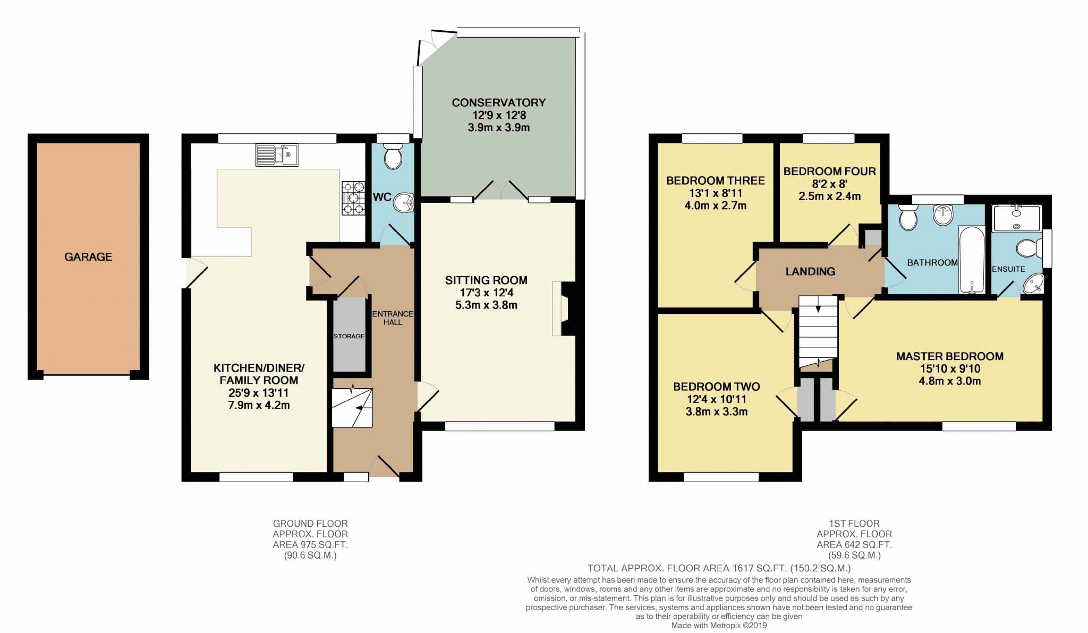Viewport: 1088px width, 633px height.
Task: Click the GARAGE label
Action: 88,257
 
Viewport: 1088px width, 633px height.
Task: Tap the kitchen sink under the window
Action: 277,155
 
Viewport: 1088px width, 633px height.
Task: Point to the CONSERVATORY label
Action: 498,102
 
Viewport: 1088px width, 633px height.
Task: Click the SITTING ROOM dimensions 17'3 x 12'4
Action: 486,293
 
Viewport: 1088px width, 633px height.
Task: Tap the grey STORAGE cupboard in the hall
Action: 349,336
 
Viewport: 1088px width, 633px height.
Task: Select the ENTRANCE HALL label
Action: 393,318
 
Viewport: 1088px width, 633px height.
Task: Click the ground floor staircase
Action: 352,407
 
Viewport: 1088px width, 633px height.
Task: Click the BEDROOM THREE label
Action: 715,181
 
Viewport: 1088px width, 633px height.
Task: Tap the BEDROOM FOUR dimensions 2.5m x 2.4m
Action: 829,196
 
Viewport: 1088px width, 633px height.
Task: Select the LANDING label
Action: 810,271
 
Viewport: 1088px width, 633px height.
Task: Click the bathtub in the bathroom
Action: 972,260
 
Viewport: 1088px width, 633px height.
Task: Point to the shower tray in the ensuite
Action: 1017,218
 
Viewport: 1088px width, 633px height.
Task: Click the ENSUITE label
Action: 1008,269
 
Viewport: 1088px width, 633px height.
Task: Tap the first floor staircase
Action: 818,332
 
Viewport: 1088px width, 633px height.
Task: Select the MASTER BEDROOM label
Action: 949,356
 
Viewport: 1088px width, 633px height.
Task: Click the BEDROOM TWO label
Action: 716,387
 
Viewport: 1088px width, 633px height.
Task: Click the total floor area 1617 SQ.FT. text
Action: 719,568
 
